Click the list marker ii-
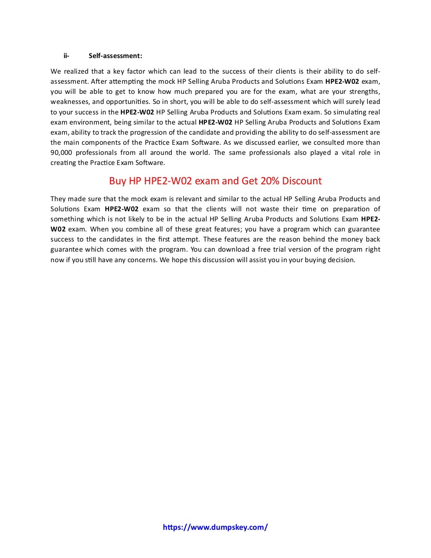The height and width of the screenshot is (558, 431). (x=67, y=56)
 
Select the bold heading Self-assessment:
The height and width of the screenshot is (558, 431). (x=115, y=56)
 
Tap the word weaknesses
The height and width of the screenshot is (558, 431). (x=70, y=101)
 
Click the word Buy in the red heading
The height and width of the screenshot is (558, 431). (x=117, y=181)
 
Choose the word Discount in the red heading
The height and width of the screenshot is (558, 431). (x=302, y=181)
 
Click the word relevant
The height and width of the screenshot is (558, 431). (x=189, y=199)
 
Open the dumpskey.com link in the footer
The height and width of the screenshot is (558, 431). (x=215, y=527)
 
